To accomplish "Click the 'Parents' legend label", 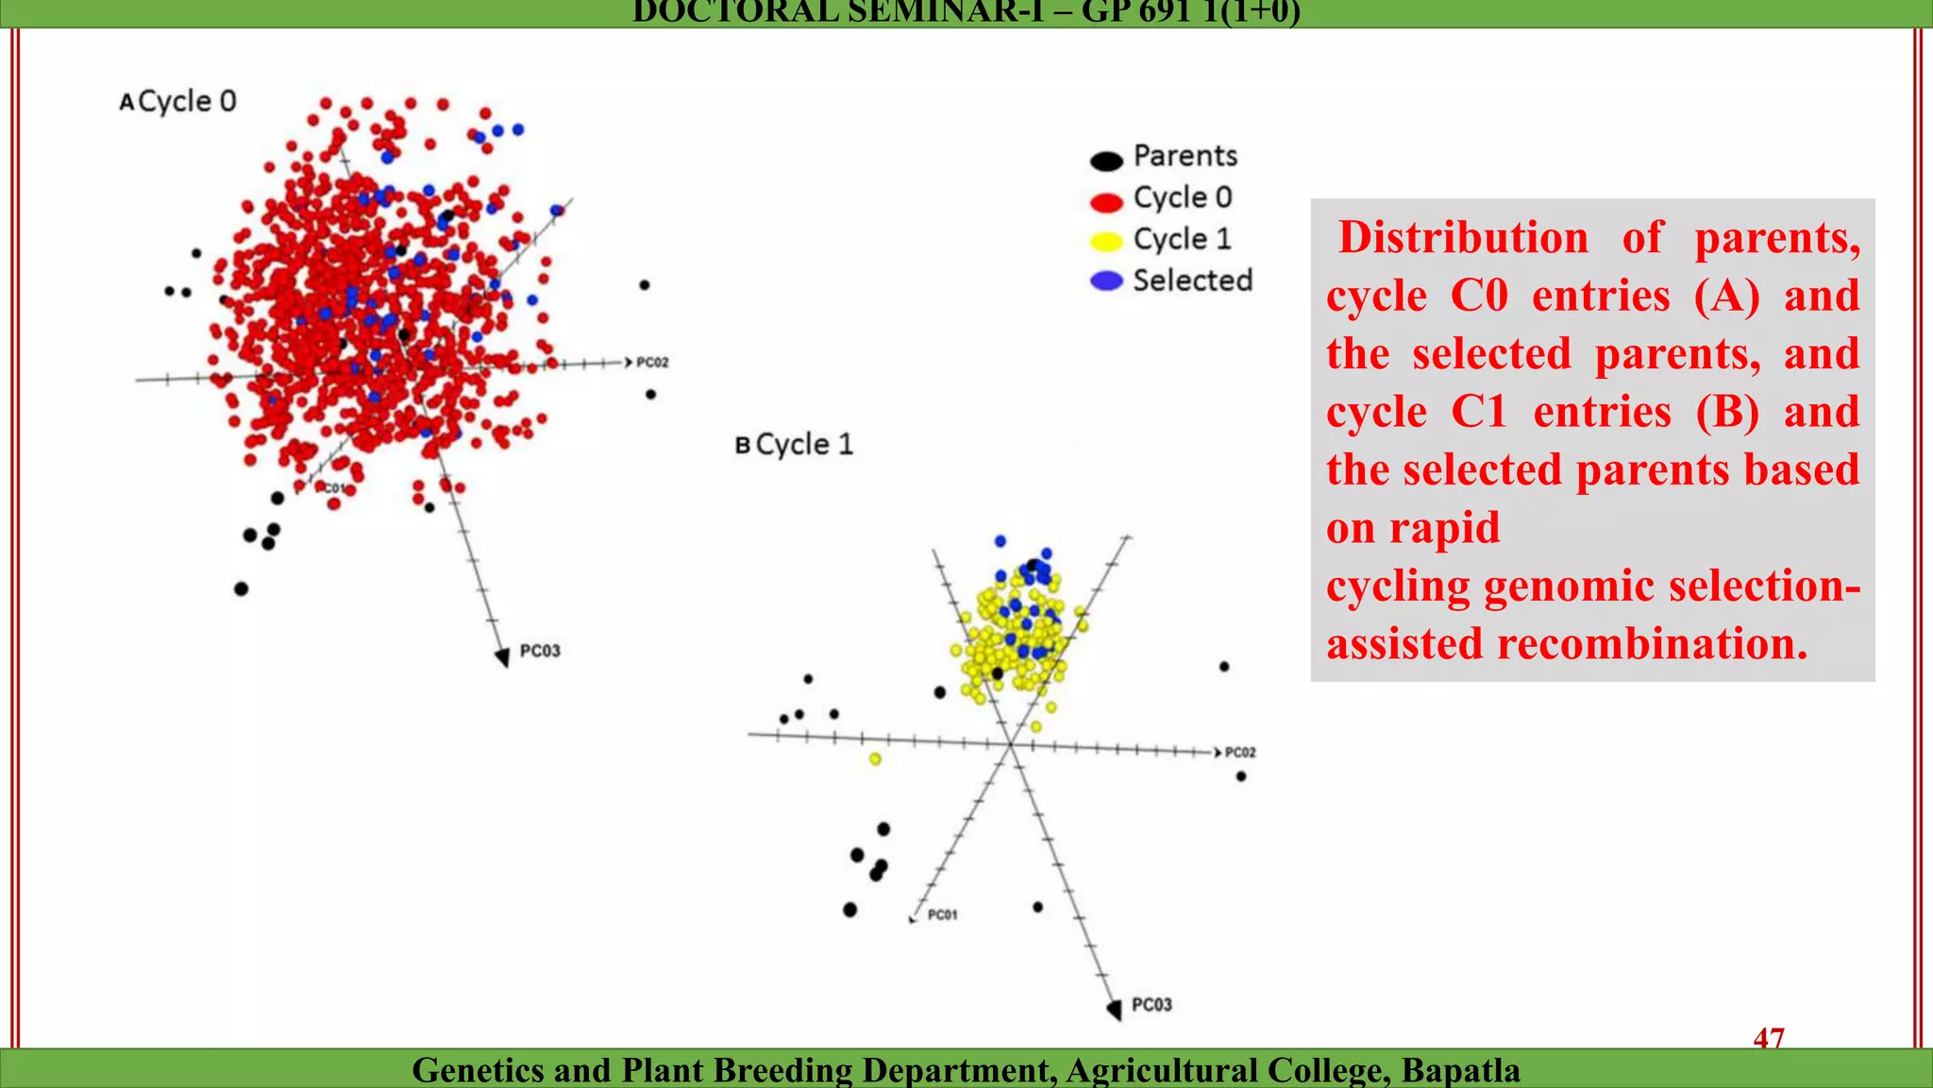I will click(x=1185, y=156).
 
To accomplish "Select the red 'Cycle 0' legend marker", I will click(x=1106, y=202).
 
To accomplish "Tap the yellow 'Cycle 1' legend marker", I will click(x=1106, y=243).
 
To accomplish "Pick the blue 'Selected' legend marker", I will click(x=1106, y=281).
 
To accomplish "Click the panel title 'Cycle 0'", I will click(x=187, y=101).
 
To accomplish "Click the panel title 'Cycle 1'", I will click(x=804, y=444).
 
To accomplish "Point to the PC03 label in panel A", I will click(x=540, y=651).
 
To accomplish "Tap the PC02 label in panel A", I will click(x=652, y=362).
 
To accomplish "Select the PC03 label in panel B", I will click(x=1151, y=1005).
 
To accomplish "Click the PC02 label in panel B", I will click(x=1240, y=753).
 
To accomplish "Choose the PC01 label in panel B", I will click(x=942, y=914).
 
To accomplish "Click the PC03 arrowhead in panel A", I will click(x=502, y=657).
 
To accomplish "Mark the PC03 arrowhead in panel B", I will click(x=1114, y=1009).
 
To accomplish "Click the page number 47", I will click(x=1769, y=1038).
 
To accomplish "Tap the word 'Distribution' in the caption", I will click(x=1463, y=238).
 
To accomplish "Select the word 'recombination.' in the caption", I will click(x=1652, y=644).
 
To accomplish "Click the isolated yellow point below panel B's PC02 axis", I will click(x=875, y=758).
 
